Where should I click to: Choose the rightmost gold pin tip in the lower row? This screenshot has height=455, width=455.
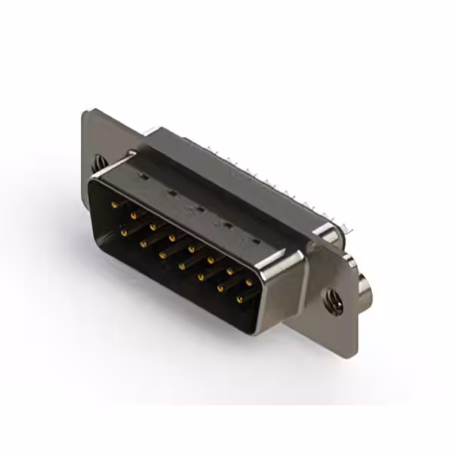pos(239,299)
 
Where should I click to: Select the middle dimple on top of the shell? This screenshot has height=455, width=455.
pos(200,209)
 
